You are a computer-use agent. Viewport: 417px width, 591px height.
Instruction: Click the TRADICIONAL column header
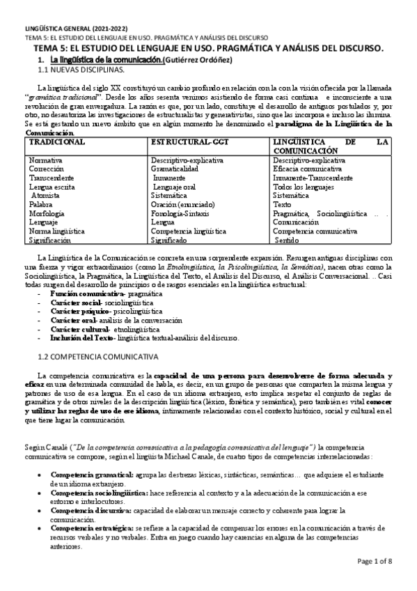(x=57, y=141)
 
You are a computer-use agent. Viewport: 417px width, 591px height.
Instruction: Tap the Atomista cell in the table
(x=46, y=196)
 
